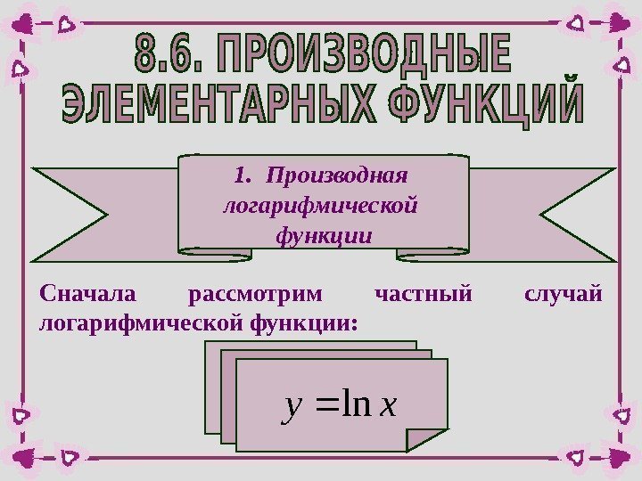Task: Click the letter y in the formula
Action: click(x=287, y=407)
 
